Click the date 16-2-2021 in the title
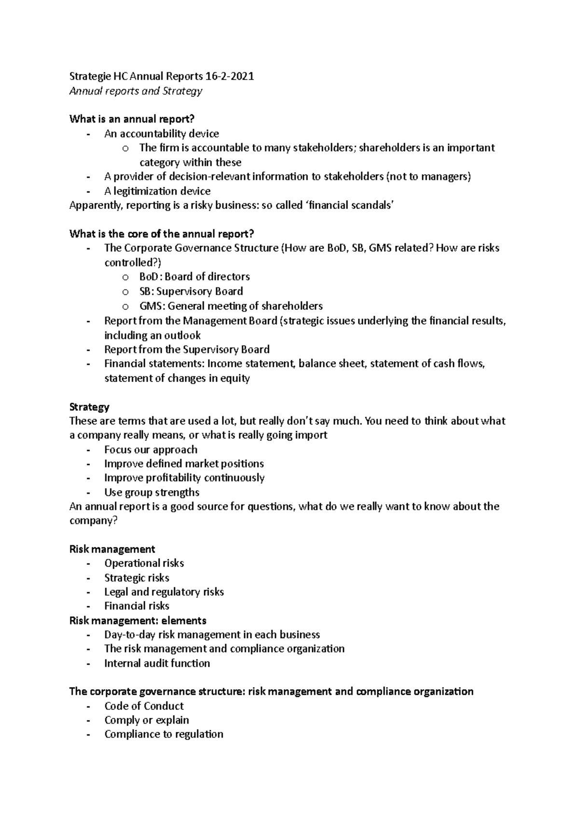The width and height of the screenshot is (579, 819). [229, 76]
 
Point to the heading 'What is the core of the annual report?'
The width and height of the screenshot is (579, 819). [162, 234]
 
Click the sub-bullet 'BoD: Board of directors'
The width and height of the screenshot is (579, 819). [194, 277]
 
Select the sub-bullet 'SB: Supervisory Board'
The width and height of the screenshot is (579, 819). [191, 291]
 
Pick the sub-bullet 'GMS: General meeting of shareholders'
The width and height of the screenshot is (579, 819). [231, 306]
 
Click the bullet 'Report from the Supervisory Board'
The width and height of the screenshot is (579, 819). [187, 349]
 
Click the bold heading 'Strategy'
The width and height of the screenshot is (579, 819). [89, 407]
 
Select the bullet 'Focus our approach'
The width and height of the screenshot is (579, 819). [151, 450]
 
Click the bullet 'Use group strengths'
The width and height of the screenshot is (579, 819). [152, 492]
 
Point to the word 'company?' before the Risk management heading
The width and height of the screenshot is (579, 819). [94, 521]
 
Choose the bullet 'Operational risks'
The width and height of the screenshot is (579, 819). [144, 563]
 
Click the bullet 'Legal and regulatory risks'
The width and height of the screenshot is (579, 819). [164, 592]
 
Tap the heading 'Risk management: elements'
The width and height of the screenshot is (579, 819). [138, 620]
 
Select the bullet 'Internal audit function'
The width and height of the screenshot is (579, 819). [157, 663]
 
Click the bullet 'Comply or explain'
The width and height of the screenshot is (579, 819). [147, 720]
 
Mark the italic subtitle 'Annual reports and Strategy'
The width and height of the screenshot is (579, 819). [136, 91]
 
